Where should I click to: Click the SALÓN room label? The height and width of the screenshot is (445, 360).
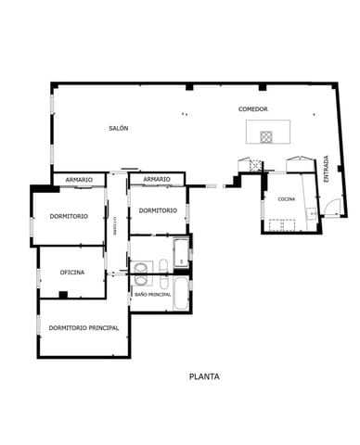tap(118, 127)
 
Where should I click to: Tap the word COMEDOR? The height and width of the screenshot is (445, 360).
tap(252, 109)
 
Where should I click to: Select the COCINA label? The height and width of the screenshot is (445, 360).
tap(287, 199)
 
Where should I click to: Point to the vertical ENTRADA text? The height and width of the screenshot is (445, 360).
tap(326, 167)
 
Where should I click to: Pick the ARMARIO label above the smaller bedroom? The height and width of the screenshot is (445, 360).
tap(157, 179)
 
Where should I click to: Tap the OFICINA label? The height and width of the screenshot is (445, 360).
tap(72, 273)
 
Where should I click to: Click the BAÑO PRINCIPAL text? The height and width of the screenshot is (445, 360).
tap(152, 294)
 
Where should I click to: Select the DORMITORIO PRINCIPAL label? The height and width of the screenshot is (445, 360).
tap(84, 327)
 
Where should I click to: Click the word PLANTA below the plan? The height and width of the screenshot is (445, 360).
tap(204, 376)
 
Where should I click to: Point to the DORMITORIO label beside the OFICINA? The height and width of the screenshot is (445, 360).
tap(70, 216)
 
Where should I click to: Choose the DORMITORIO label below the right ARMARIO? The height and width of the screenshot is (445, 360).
tap(158, 210)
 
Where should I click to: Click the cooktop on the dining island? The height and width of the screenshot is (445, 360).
tap(266, 136)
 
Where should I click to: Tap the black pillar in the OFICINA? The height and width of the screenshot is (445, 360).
tap(63, 295)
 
